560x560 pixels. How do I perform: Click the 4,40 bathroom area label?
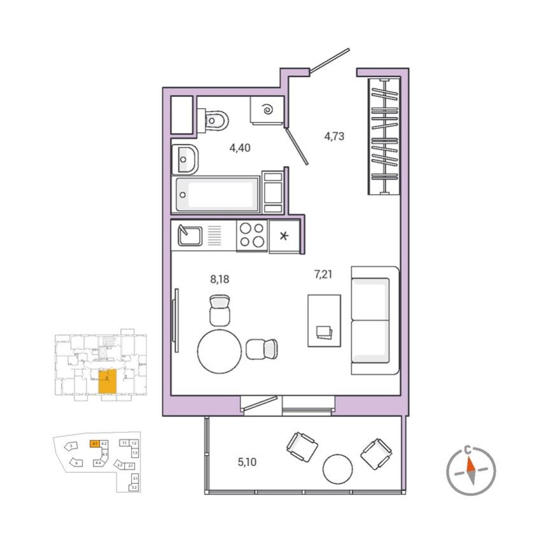coord(240,148)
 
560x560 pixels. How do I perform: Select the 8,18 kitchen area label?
coord(220,278)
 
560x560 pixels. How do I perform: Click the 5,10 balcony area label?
coord(247,462)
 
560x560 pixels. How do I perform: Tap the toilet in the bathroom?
coord(215,119)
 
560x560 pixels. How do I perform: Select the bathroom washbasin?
coord(185,158)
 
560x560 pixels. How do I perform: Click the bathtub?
coord(217,195)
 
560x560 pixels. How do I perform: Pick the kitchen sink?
coord(189,235)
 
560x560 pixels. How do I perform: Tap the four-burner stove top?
coord(252,235)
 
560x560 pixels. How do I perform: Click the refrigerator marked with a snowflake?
coord(284,237)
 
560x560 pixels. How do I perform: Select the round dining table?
coord(220,351)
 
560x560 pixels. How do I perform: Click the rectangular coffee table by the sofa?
coord(324,320)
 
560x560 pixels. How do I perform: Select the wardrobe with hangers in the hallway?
coord(385,136)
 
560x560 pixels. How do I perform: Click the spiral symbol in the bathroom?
coord(268,111)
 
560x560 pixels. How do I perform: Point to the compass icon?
coord(470,472)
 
